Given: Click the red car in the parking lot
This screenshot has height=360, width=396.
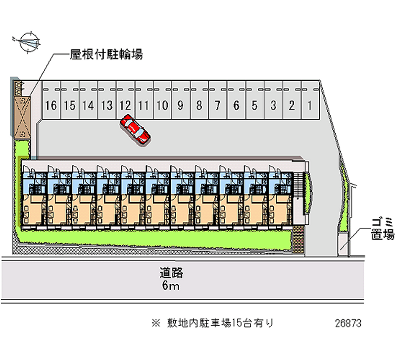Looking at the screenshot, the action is [x=135, y=130].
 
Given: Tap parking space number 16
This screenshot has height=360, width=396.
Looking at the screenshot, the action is [x=51, y=100].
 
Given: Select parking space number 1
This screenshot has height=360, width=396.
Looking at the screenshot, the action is [x=310, y=100].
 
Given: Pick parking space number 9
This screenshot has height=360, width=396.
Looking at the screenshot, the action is [x=181, y=100].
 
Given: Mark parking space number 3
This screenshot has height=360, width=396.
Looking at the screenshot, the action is [x=274, y=100].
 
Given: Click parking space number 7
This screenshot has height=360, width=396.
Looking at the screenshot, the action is [x=218, y=100].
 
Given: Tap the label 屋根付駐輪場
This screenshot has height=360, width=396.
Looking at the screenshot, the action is [x=106, y=54].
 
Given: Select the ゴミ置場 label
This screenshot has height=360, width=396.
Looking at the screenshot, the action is [x=383, y=229].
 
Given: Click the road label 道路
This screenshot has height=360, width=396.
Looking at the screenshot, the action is [x=171, y=273].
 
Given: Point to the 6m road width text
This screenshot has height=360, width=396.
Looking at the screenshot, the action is [x=171, y=286].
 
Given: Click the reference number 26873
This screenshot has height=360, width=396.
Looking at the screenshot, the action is [x=348, y=323].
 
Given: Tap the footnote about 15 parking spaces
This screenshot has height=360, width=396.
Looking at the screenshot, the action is [x=213, y=323].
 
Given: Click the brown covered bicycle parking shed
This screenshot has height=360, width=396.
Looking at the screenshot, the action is [x=22, y=117].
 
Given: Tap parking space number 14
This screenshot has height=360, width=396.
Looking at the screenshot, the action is [x=89, y=100].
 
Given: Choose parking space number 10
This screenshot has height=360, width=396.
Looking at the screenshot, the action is [x=162, y=100].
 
